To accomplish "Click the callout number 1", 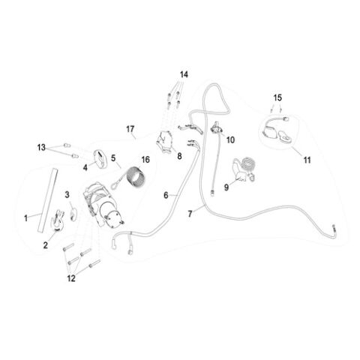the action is click(x=25, y=218).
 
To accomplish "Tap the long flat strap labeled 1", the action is click(x=47, y=200).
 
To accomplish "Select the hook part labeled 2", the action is click(x=57, y=220).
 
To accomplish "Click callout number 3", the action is click(x=67, y=195).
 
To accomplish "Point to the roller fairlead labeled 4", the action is click(x=100, y=159).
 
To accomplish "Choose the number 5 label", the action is click(x=113, y=158).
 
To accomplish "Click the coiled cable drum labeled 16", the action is click(x=136, y=178).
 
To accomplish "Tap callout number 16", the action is click(x=145, y=160).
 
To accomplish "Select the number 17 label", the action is click(x=130, y=129).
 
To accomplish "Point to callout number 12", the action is click(x=71, y=278).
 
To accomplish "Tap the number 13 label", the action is click(x=41, y=148).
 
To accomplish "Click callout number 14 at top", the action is click(x=184, y=74).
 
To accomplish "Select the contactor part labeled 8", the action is click(x=165, y=141).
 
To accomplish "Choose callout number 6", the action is click(x=166, y=195).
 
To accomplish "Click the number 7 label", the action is click(x=190, y=214).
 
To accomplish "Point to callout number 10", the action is click(x=230, y=139).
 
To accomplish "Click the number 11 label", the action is click(x=307, y=160).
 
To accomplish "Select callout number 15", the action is click(x=277, y=97).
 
